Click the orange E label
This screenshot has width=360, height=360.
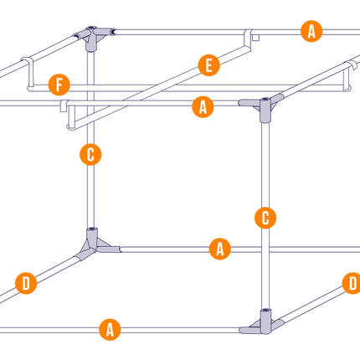208,65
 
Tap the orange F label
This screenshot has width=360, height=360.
59,85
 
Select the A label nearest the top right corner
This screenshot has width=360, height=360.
311,31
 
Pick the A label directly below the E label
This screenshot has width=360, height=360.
203,107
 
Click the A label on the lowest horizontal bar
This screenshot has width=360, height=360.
111,330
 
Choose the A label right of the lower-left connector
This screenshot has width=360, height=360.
220,249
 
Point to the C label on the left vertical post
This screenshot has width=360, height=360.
90,154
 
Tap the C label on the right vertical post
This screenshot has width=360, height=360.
265,218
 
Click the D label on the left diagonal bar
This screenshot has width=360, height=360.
26,283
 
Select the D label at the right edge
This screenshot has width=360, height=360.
352,283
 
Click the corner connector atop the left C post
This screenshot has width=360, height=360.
91,37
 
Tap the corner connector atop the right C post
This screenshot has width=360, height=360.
265,107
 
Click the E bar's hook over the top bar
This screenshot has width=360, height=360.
248,38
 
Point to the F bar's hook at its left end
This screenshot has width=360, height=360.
28,73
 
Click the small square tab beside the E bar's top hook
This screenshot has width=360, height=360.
256,38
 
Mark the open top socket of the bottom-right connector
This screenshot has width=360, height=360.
265,310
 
